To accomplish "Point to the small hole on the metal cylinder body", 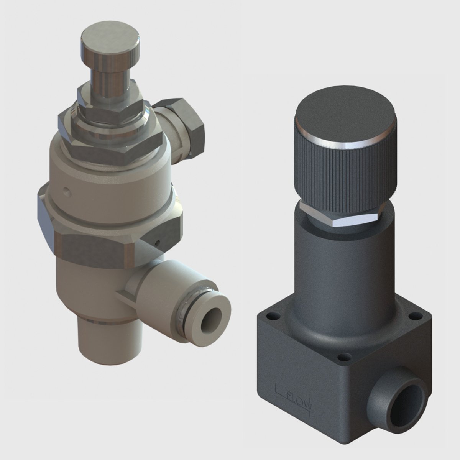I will pos(67,189).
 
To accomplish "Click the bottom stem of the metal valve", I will pos(100,337).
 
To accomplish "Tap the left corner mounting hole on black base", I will pos(273,317).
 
